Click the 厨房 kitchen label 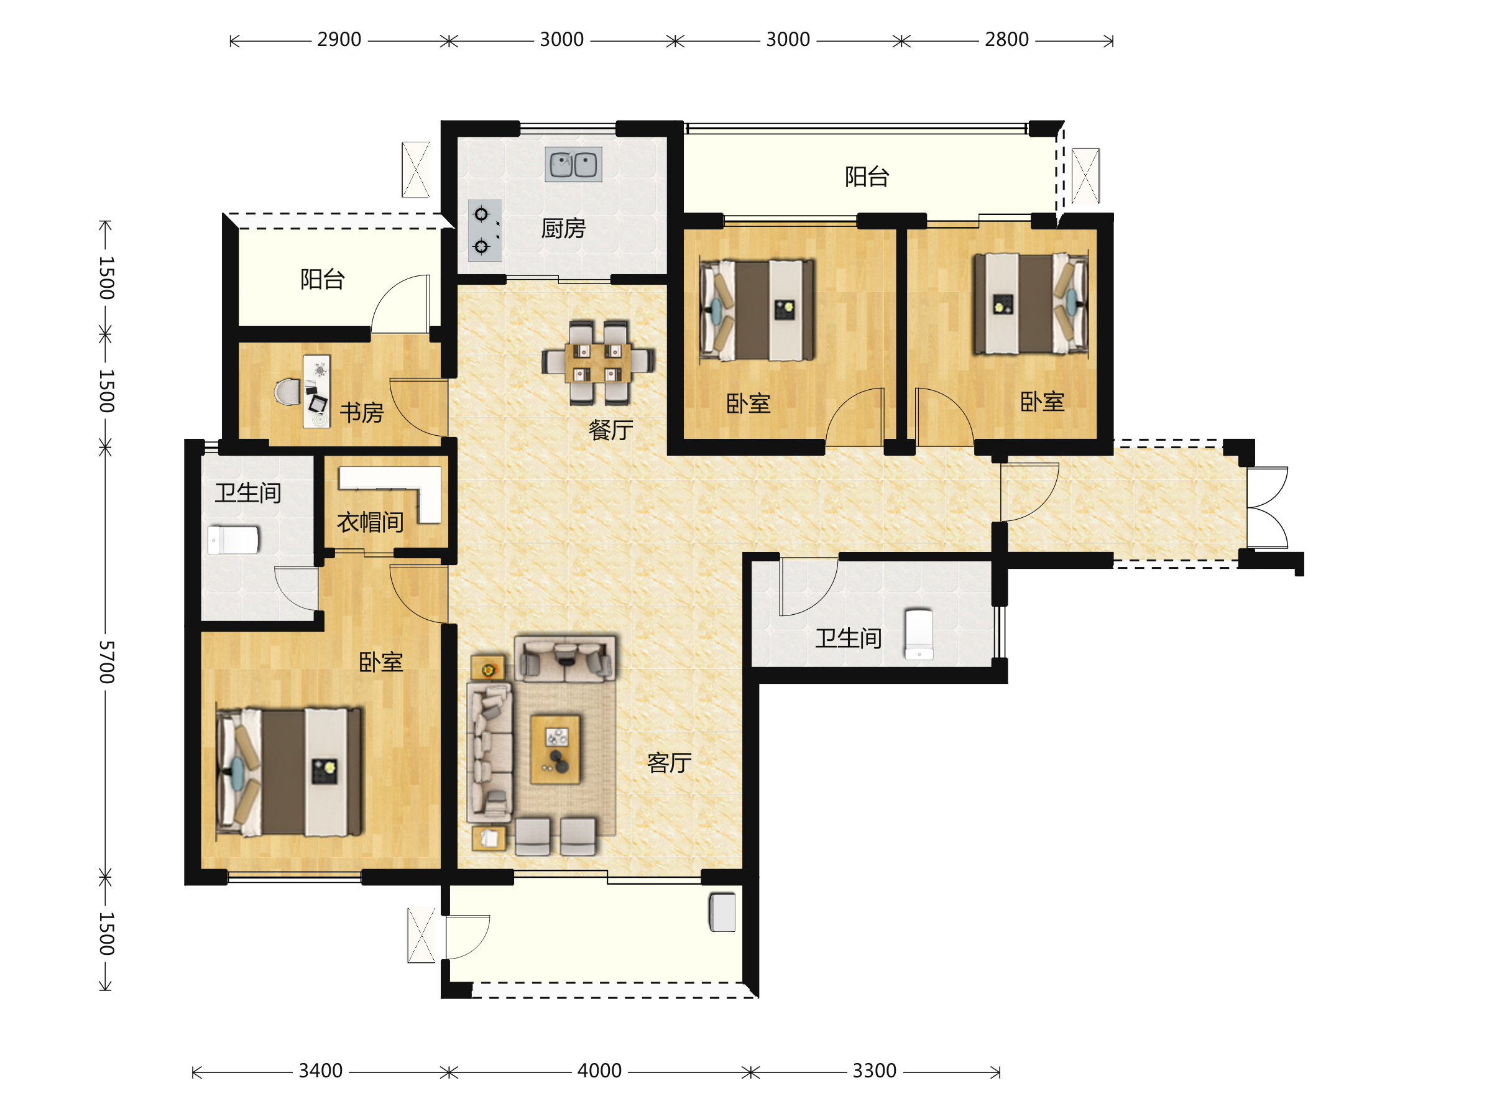(563, 229)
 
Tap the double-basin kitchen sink (573, 165)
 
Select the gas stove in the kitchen (485, 231)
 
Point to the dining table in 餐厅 (597, 362)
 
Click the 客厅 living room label (669, 763)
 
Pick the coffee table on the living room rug (555, 749)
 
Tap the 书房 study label (362, 412)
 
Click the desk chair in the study (288, 392)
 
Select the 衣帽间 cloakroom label (371, 522)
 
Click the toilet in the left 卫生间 (233, 540)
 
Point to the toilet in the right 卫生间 (919, 634)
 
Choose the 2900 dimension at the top (339, 40)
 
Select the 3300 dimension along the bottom (874, 1071)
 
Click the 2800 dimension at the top (1006, 40)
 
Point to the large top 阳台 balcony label (867, 177)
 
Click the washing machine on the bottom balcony (722, 912)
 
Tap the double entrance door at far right (1268, 507)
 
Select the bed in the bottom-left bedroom (288, 771)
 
